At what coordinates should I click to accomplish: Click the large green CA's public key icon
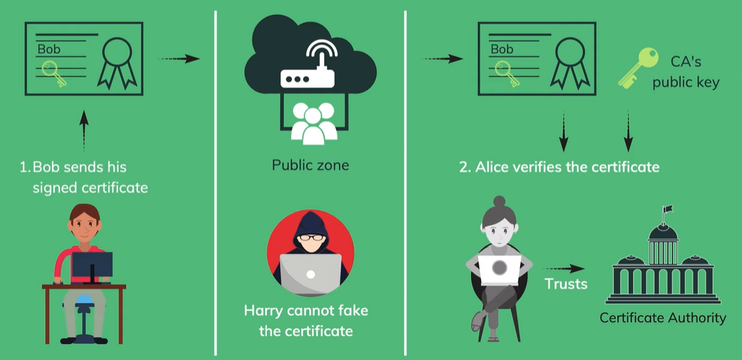637,67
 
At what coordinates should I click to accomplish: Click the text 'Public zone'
310,165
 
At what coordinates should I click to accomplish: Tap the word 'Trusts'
566,284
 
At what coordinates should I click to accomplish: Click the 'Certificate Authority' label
663,317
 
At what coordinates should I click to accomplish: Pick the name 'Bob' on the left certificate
49,49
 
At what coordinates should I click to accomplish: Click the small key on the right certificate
504,72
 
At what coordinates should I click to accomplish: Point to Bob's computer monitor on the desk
92,265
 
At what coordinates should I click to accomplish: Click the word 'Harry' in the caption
265,311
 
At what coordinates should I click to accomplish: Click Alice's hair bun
499,201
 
